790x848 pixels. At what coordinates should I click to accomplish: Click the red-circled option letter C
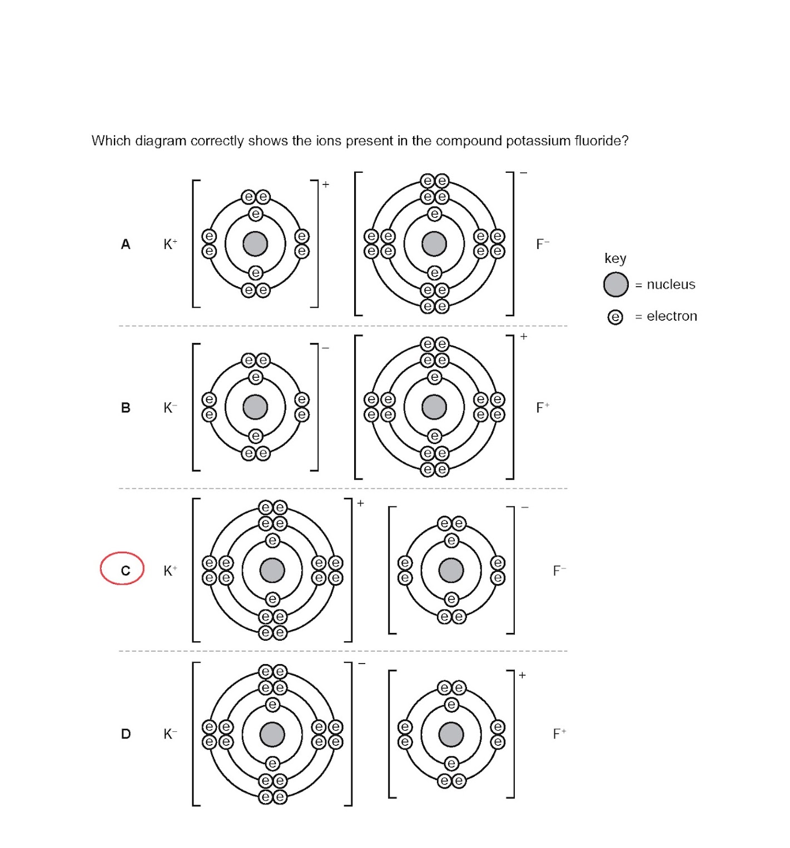[125, 570]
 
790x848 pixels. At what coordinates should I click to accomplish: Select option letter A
[126, 244]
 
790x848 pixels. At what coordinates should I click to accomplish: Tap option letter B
[126, 407]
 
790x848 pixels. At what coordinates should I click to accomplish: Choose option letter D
[126, 734]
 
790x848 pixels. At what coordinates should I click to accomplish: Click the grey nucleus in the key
[615, 285]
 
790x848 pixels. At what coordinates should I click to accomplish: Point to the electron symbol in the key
[615, 317]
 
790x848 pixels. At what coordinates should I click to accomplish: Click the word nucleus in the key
[671, 285]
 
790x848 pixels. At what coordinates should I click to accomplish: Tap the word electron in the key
[672, 316]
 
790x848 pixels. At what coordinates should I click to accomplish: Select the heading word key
[615, 258]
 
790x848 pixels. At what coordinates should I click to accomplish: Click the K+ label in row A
[170, 244]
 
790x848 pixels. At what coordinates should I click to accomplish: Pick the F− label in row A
[543, 244]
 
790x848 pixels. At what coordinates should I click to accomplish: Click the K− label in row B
[170, 407]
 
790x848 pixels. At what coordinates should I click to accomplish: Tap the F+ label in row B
[543, 407]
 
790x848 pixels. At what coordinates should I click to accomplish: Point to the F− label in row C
[559, 571]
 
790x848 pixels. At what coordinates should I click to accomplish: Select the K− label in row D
[170, 734]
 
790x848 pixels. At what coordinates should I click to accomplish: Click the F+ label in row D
[559, 734]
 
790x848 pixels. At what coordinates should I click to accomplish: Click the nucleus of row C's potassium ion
[272, 570]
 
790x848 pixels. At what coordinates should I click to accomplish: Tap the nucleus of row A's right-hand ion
[434, 244]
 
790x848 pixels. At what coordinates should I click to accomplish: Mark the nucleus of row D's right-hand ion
[451, 734]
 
